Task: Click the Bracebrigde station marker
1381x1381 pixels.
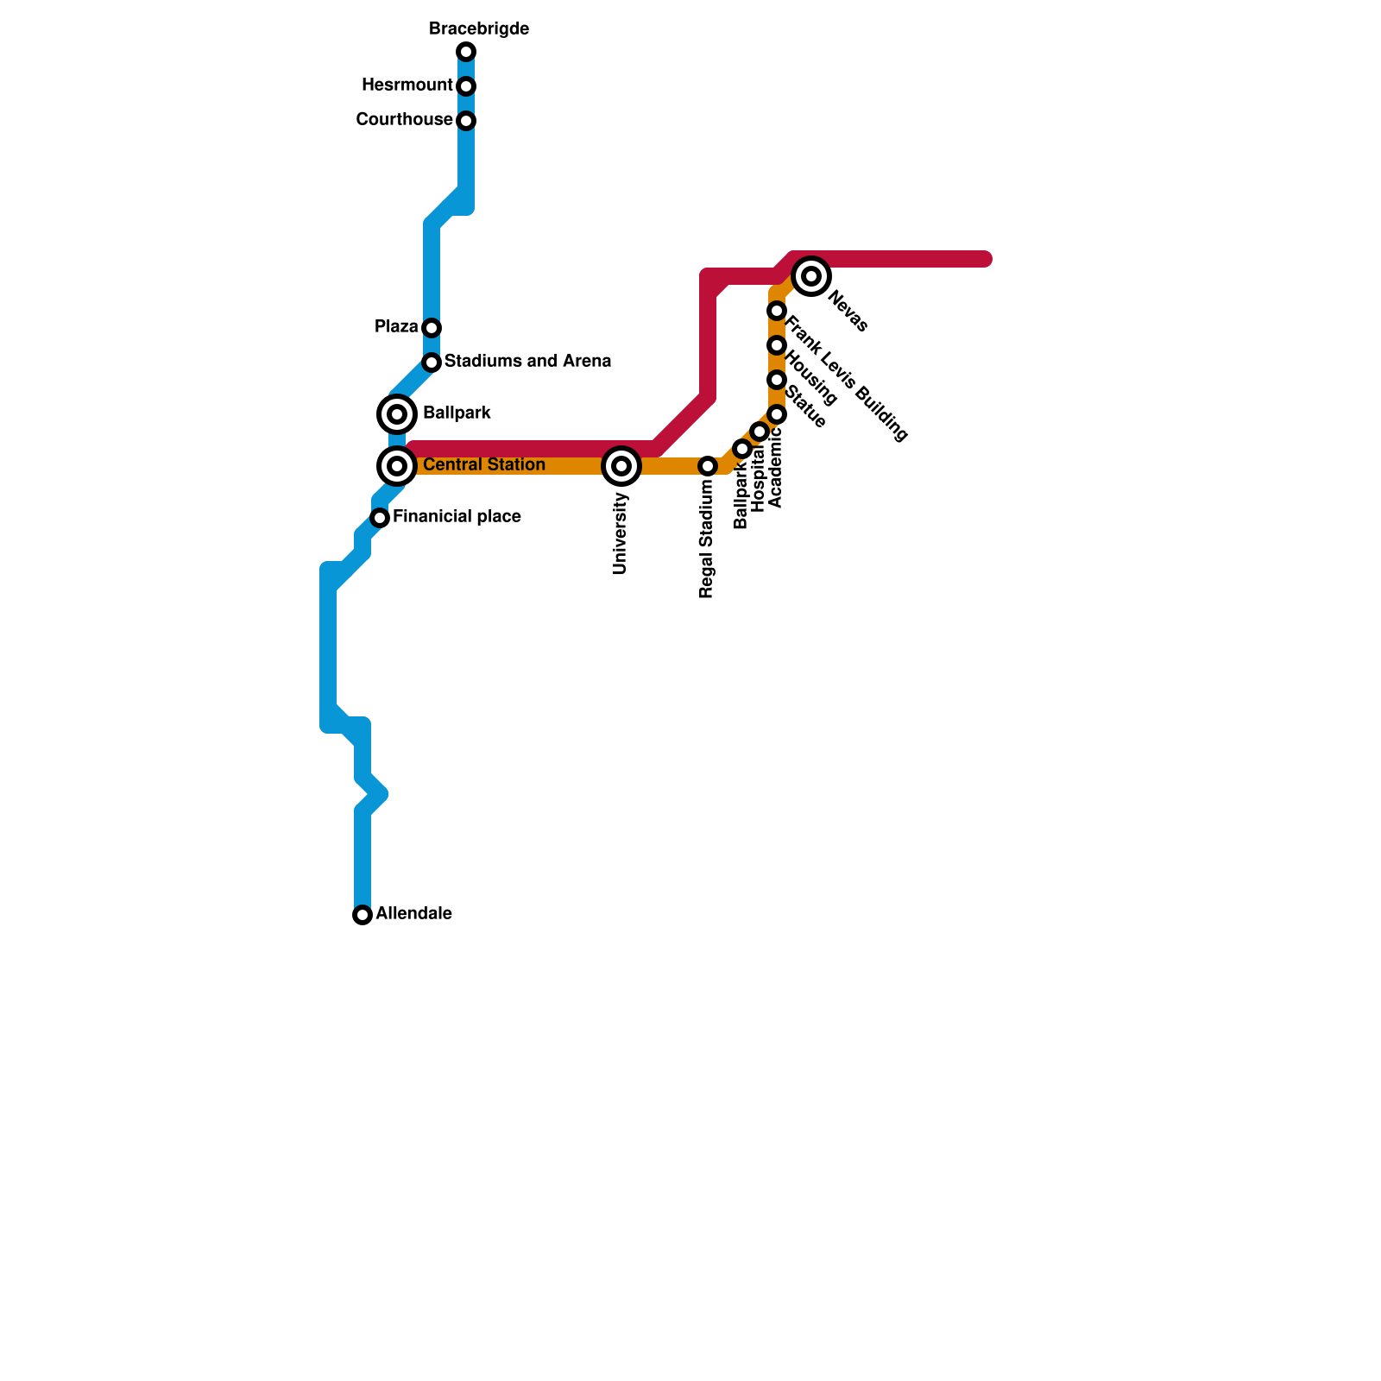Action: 466,52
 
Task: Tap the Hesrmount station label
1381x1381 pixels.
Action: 407,85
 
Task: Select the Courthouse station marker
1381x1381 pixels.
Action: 466,121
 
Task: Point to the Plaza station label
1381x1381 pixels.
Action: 396,327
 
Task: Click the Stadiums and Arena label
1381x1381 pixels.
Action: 527,362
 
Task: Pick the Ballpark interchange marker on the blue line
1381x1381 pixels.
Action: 397,414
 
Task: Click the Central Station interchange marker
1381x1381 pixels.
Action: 397,466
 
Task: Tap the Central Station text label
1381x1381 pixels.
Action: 483,465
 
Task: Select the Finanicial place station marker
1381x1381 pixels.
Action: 380,518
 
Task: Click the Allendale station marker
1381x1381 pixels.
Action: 363,915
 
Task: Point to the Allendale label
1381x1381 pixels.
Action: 413,914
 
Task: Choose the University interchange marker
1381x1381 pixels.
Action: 621,466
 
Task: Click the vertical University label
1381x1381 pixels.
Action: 621,533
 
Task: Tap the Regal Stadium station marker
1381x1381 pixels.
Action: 708,466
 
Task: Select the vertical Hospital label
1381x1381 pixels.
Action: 759,478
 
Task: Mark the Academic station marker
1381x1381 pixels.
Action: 777,414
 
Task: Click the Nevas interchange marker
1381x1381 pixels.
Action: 811,276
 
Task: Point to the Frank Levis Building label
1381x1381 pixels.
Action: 846,381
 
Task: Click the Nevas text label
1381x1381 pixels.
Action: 848,312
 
